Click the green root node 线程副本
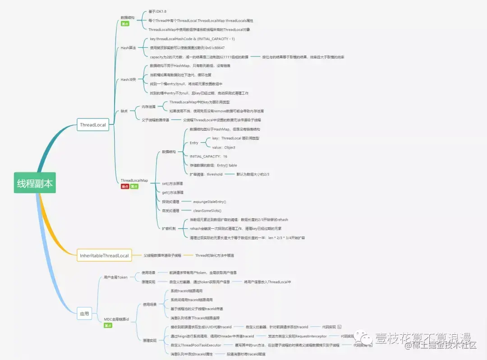35,183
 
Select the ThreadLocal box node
93,125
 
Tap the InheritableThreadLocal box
104,255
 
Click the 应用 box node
84,313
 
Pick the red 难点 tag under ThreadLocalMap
124,186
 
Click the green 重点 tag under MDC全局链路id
108,325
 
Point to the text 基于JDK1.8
157,11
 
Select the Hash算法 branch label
128,48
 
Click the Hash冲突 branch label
128,79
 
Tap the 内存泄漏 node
148,107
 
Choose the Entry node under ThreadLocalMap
194,143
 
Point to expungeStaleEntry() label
210,201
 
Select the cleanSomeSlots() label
207,210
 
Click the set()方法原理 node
173,183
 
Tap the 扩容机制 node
169,228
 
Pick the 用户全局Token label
115,277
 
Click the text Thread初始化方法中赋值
214,255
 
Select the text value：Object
224,147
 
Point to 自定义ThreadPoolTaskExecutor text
196,345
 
